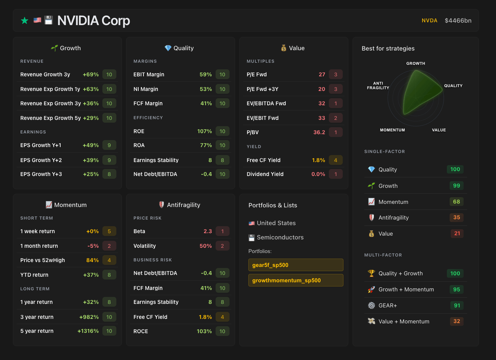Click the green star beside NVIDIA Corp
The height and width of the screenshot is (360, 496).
point(24,21)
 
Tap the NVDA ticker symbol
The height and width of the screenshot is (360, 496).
point(429,21)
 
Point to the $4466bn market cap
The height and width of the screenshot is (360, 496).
point(458,21)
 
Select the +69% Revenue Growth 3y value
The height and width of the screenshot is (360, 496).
point(91,75)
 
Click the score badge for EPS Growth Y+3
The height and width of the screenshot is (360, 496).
point(109,174)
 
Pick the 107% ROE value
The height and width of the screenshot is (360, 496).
point(204,131)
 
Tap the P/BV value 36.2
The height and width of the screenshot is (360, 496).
point(319,132)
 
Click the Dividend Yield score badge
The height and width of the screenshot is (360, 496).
point(335,174)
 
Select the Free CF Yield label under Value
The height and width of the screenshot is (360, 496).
point(263,160)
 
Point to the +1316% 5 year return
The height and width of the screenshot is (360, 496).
point(88,331)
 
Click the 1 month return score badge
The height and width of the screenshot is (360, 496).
point(109,246)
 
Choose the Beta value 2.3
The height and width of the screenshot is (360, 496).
point(208,231)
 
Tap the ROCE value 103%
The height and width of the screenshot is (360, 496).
point(204,331)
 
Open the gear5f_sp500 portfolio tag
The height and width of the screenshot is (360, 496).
point(296,265)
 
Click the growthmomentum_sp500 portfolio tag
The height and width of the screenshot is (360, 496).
point(296,280)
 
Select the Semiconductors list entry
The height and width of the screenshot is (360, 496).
point(280,237)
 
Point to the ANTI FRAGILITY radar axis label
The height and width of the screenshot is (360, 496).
point(378,86)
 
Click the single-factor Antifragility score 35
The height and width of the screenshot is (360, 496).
point(457,217)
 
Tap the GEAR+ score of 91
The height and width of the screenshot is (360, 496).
point(457,306)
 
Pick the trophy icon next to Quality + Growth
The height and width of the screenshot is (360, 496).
point(371,273)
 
